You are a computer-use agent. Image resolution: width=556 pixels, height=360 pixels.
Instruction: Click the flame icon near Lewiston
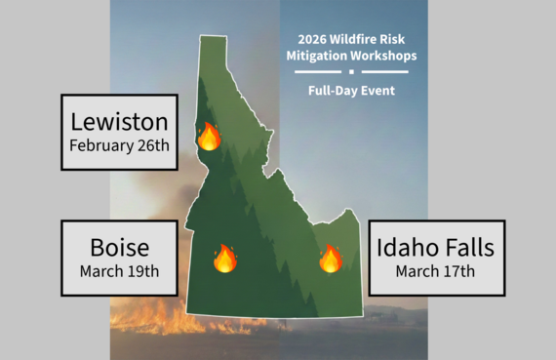[209, 137]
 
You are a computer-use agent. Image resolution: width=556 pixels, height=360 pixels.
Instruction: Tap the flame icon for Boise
[224, 259]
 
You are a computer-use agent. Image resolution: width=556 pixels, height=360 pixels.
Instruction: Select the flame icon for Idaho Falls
[331, 259]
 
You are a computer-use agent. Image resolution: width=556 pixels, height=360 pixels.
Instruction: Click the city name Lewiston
[119, 123]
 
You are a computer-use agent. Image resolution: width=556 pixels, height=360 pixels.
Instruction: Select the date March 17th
[435, 270]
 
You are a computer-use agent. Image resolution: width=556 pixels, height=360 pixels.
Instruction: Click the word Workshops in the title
[385, 57]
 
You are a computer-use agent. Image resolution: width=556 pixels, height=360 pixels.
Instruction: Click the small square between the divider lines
[352, 72]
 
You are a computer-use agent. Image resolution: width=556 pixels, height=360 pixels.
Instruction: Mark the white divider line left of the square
[319, 72]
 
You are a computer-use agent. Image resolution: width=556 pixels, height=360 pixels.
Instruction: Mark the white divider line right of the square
[385, 72]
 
